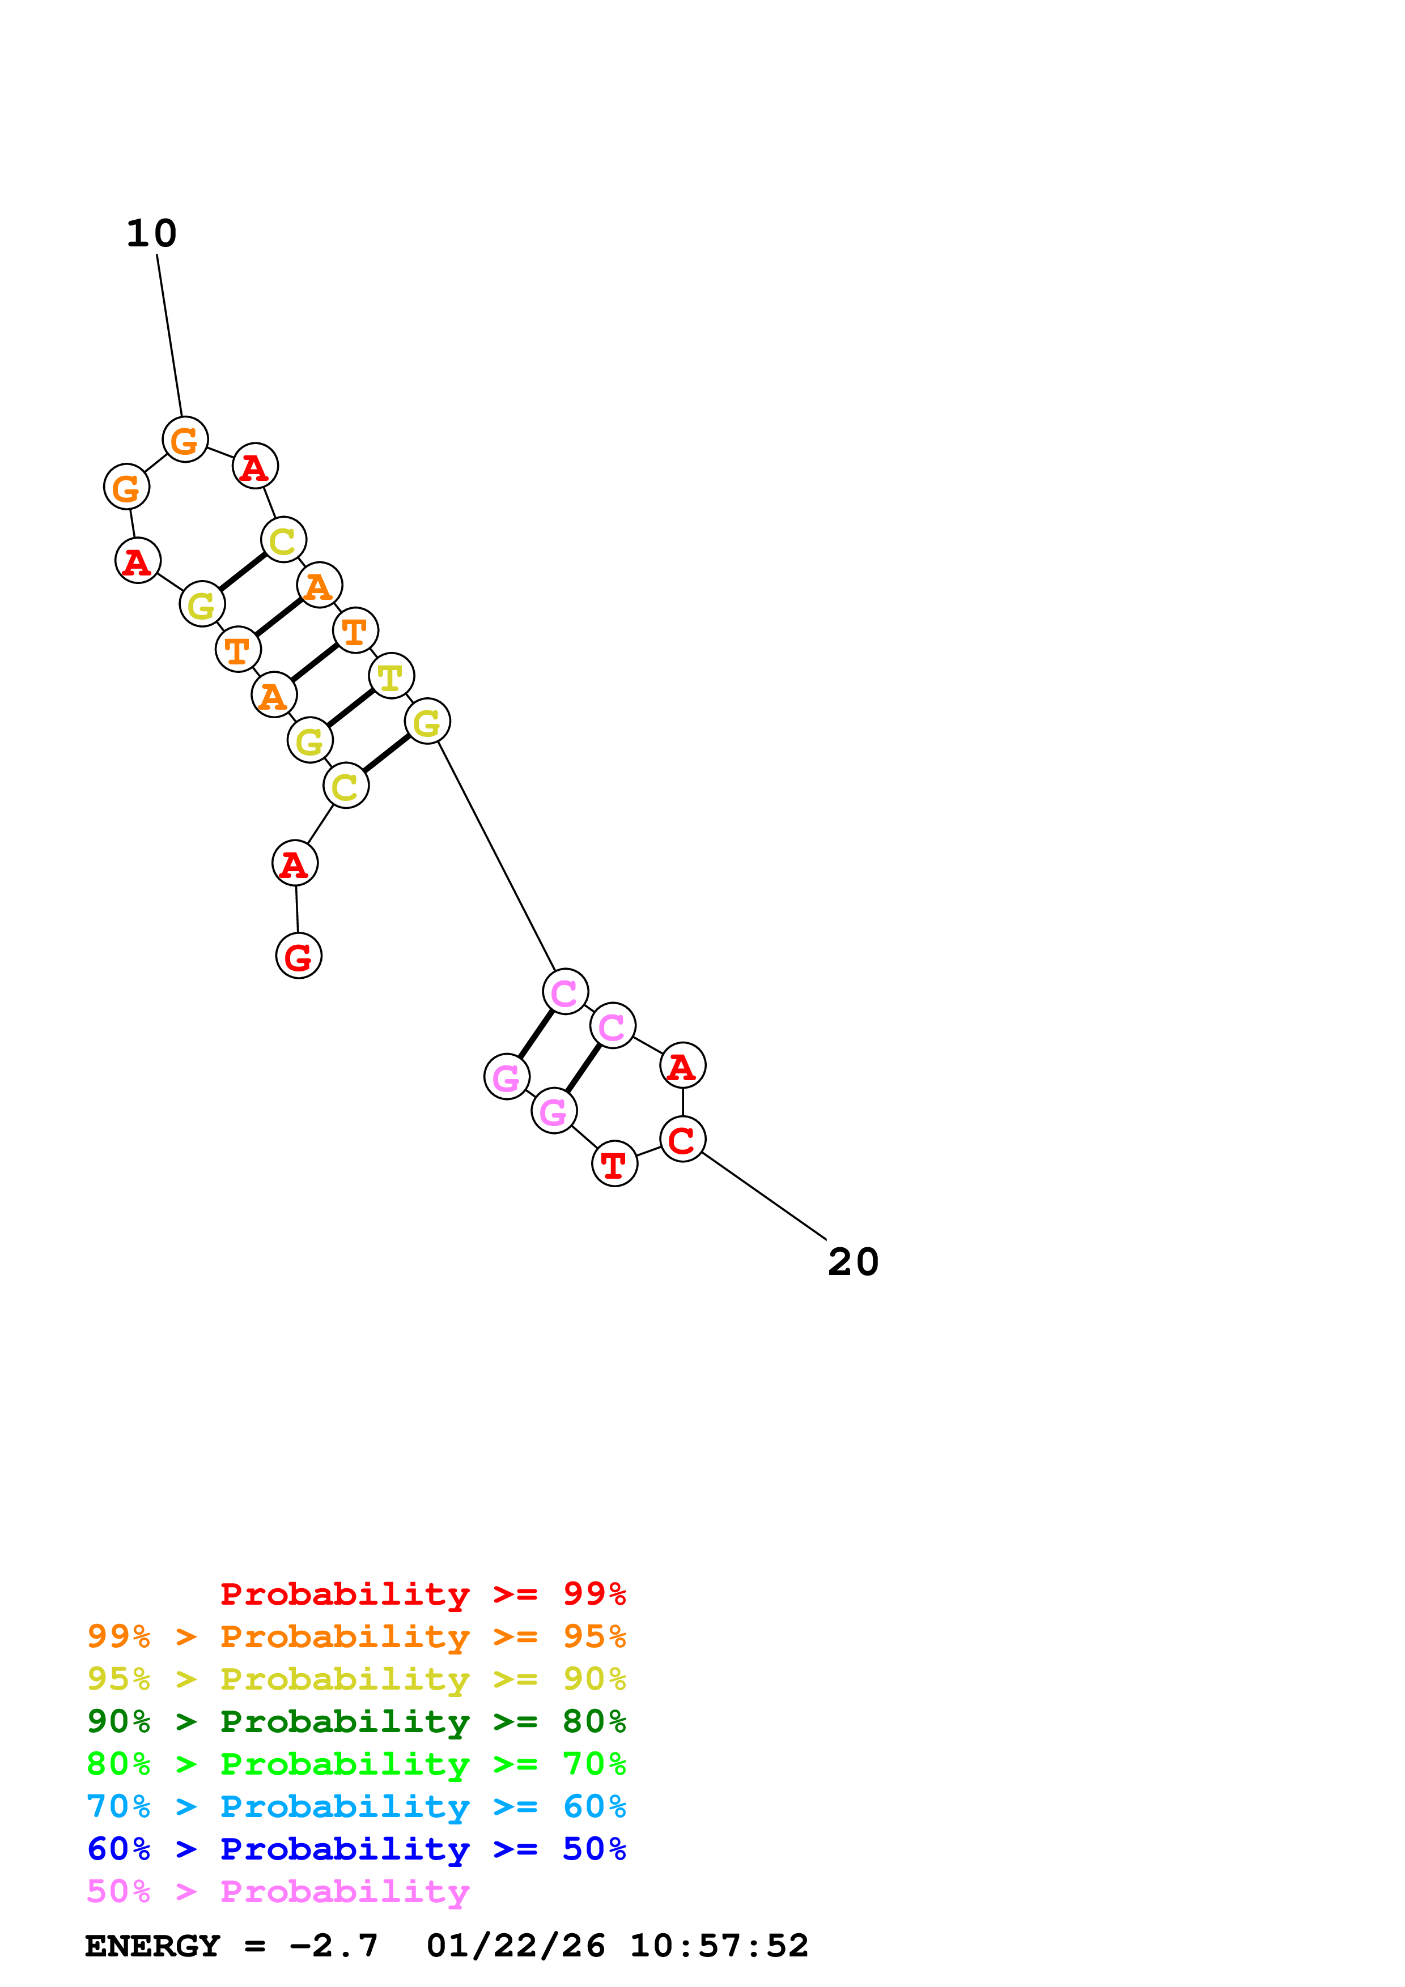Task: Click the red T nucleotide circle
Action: pos(614,1164)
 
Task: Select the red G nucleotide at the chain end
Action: pos(299,956)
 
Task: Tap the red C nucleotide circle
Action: pos(682,1139)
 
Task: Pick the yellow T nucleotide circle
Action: pos(391,676)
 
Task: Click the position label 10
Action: pos(151,234)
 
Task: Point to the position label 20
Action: pos(853,1262)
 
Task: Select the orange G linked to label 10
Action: pos(185,440)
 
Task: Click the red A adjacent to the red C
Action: pos(682,1065)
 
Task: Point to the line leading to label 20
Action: pos(763,1196)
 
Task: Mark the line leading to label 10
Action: pos(169,336)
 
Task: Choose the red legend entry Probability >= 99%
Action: pos(422,1594)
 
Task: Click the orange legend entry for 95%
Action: pos(356,1636)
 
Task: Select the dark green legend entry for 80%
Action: pos(356,1721)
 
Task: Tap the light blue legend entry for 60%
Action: pos(356,1806)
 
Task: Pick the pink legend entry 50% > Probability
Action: pos(278,1891)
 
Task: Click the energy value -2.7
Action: pos(333,1946)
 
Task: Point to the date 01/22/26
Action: pos(515,1946)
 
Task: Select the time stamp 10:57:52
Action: pos(719,1946)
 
